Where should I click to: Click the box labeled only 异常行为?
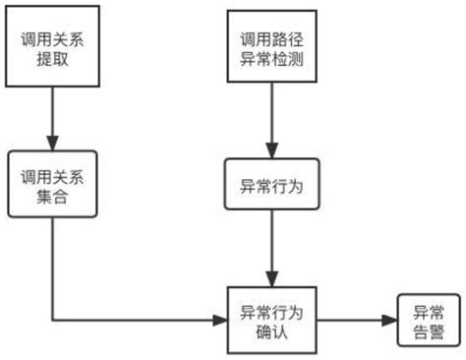click(271, 184)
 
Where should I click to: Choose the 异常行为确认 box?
click(271, 322)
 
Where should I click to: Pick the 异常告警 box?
click(426, 322)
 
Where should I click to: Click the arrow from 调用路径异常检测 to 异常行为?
click(271, 122)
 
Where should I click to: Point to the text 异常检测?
click(271, 60)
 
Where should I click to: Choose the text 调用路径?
click(271, 38)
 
